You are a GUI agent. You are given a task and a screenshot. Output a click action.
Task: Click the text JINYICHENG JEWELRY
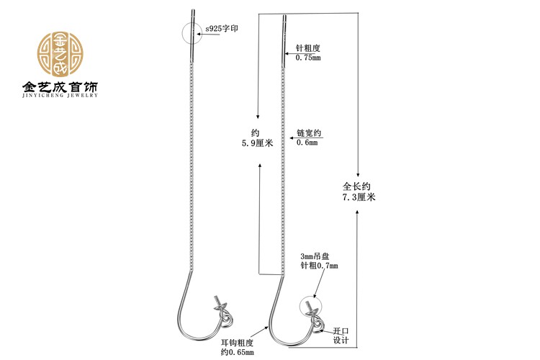click(x=60, y=94)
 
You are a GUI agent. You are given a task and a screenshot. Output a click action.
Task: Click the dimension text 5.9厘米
click(x=258, y=143)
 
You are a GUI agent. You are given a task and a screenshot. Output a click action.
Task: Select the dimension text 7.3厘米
click(x=359, y=196)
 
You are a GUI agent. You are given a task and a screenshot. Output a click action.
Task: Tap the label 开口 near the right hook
click(x=341, y=331)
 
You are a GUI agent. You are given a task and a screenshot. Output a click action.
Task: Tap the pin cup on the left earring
click(x=220, y=306)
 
